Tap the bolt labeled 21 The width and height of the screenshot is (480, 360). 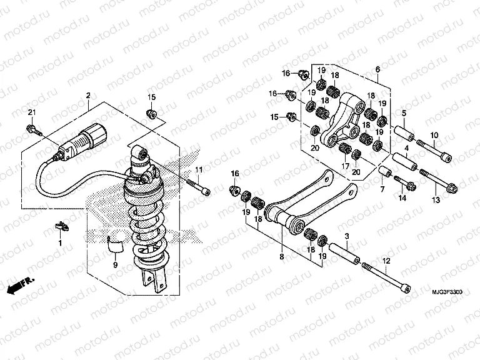point(32,129)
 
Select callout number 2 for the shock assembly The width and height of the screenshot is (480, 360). point(88,96)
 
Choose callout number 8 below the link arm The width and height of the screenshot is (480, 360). point(281,256)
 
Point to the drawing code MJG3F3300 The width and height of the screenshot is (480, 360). point(451,291)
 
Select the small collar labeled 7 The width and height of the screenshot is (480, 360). point(385,172)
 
